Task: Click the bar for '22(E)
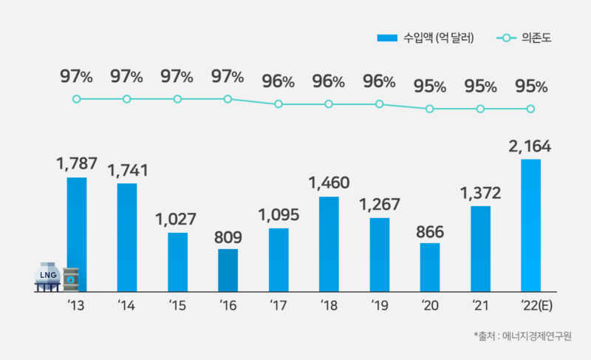pos(531,225)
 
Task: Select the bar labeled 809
pos(228,270)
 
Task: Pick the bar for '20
pos(430,267)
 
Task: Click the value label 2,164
pos(531,146)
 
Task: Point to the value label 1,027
pos(177,220)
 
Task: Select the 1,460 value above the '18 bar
pos(329,182)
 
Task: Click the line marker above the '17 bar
pos(279,104)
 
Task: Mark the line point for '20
pos(430,109)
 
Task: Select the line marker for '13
pos(76,99)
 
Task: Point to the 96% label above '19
pos(379,81)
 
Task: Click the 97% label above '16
pos(228,76)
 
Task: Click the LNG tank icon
pos(47,276)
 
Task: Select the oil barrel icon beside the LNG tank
pos(71,279)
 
